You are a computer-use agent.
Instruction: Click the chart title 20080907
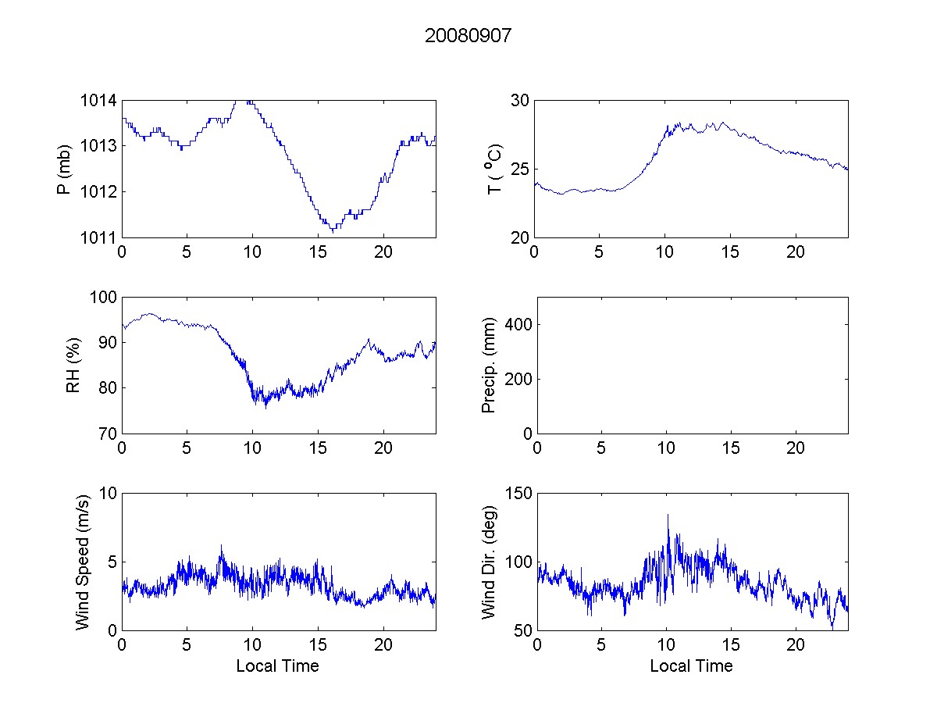point(468,36)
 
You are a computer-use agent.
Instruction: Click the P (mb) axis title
point(66,169)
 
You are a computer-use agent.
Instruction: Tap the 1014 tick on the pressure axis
point(98,101)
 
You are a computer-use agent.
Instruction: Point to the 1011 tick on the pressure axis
point(98,237)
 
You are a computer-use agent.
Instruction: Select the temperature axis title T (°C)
point(494,169)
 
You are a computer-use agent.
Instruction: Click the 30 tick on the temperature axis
point(520,101)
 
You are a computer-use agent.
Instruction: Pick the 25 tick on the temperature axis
point(520,170)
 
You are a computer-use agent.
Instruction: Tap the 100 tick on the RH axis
point(102,298)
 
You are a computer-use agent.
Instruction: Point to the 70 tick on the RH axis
point(106,434)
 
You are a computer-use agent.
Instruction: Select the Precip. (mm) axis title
point(489,366)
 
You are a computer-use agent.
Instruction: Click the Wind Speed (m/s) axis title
point(82,562)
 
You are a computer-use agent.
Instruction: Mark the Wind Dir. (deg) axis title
point(489,562)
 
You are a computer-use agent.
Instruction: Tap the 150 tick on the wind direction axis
point(516,494)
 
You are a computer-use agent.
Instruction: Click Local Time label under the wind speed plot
point(277,666)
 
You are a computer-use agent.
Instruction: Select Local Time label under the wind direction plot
point(691,666)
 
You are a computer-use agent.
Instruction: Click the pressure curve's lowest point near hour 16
point(333,232)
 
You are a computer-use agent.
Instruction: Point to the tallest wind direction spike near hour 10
point(668,515)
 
